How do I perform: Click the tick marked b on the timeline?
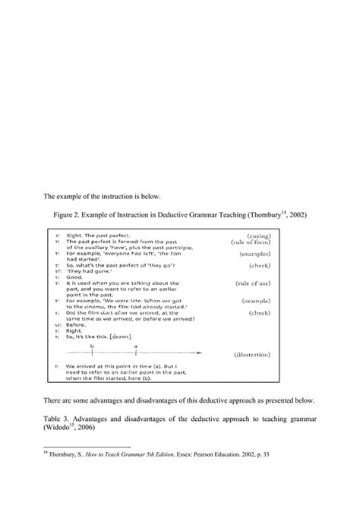click(92, 352)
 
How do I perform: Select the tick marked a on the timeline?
click(136, 352)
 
